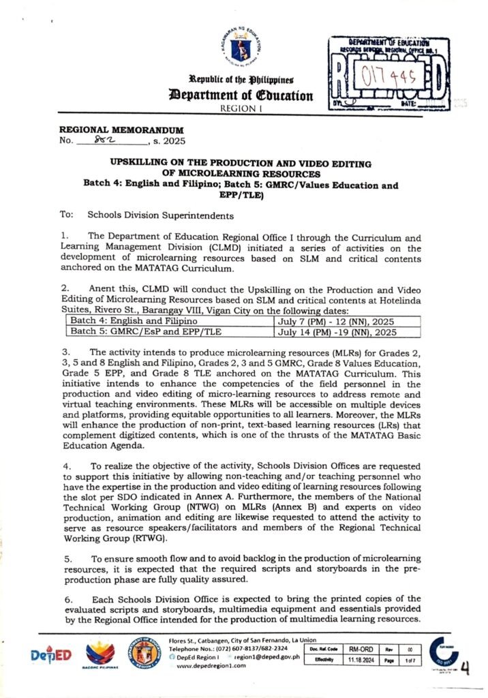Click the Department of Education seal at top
243,46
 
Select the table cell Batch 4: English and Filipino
124,320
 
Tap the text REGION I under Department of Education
243,109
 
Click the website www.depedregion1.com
215,665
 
